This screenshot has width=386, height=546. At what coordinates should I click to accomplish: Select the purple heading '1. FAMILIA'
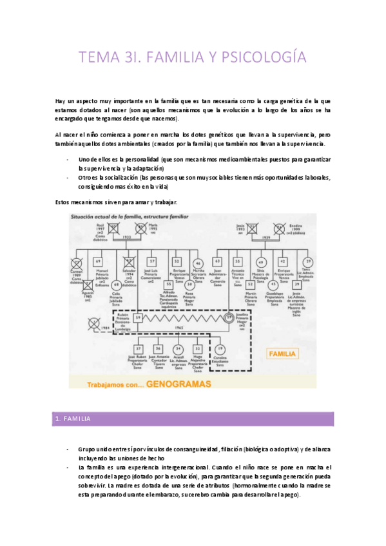tap(73, 419)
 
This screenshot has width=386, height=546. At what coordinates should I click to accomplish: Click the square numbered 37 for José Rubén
tap(138, 348)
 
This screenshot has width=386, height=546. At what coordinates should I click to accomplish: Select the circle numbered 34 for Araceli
tap(178, 348)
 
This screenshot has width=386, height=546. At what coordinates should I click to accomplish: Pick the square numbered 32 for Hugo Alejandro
tap(197, 348)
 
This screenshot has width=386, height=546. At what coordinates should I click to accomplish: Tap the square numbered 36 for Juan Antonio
tap(158, 348)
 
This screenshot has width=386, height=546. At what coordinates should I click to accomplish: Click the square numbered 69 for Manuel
tap(98, 261)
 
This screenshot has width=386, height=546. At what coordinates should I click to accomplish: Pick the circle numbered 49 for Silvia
tap(260, 261)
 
